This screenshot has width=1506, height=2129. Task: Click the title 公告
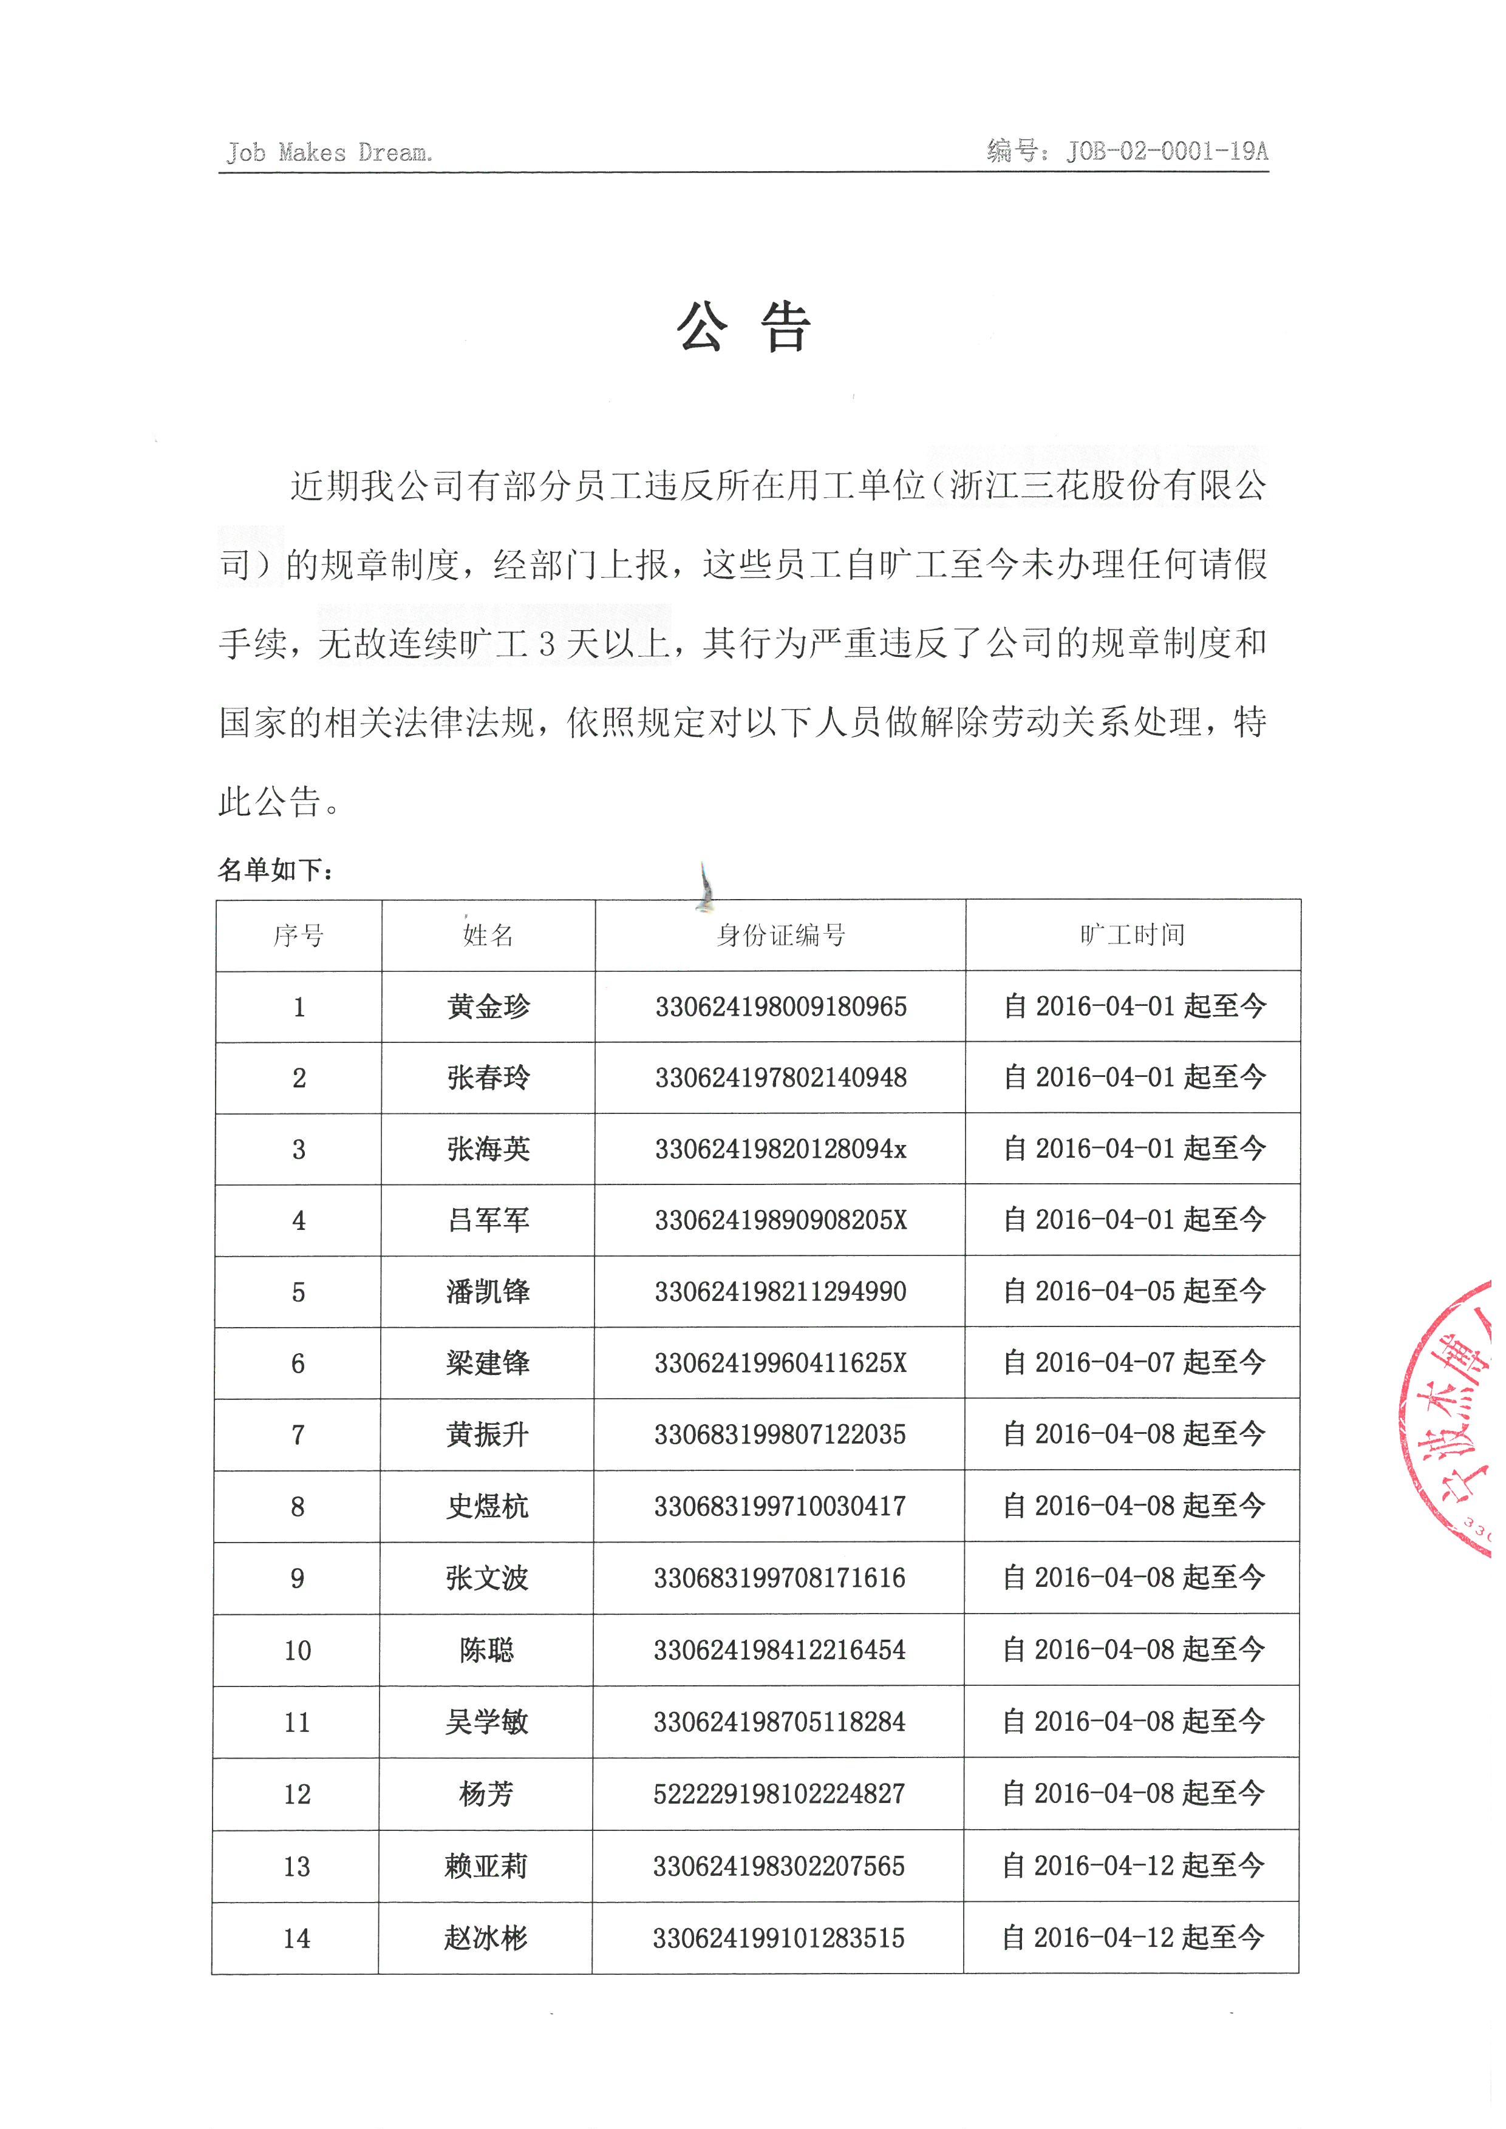click(x=744, y=328)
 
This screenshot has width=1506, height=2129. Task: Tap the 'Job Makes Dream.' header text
click(x=329, y=152)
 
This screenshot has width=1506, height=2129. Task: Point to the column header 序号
click(x=299, y=935)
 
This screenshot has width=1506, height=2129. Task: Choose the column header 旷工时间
click(x=1133, y=935)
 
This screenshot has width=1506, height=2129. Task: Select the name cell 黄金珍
click(x=488, y=1007)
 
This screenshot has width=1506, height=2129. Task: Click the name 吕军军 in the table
click(x=488, y=1220)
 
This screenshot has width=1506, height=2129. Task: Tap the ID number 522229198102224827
click(x=779, y=1795)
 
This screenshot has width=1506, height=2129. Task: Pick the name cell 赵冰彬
click(x=486, y=1938)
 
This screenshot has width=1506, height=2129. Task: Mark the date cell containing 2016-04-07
click(x=1133, y=1362)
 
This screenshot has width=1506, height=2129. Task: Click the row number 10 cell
click(x=298, y=1651)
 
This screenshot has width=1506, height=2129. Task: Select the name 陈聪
click(x=486, y=1651)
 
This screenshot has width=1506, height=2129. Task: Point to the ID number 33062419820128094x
click(x=780, y=1149)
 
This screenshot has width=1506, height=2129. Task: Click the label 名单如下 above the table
click(x=276, y=870)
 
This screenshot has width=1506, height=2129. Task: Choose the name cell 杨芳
click(x=486, y=1795)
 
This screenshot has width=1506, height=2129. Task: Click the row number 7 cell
click(x=298, y=1435)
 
